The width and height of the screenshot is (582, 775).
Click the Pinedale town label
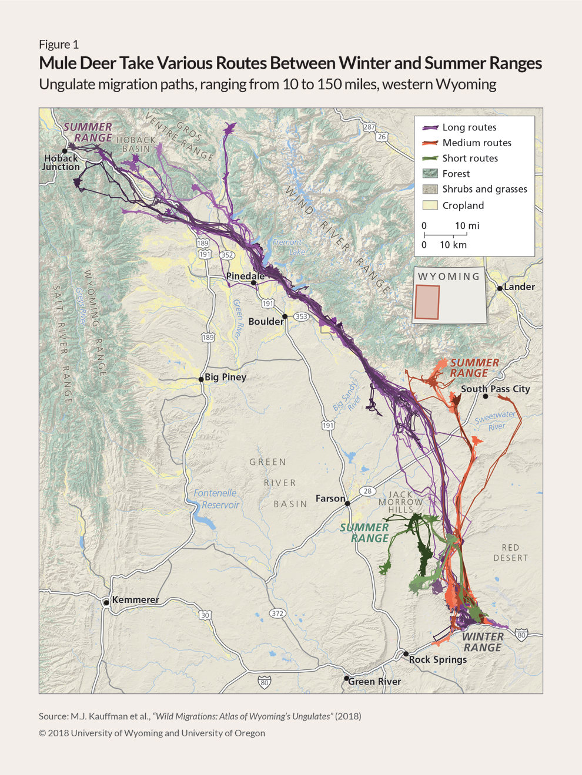pyautogui.click(x=245, y=276)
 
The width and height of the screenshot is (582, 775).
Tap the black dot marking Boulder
pyautogui.click(x=285, y=316)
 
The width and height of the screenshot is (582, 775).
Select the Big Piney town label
pyautogui.click(x=225, y=377)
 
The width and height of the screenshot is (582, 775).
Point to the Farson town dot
pyautogui.click(x=347, y=503)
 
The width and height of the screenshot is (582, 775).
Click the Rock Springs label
pyautogui.click(x=438, y=659)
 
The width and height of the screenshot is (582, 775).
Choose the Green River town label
pyautogui.click(x=374, y=681)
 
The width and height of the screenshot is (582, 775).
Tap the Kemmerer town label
pyautogui.click(x=135, y=599)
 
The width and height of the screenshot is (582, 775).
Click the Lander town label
pyautogui.click(x=519, y=287)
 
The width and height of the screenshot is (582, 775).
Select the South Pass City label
pyautogui.click(x=495, y=389)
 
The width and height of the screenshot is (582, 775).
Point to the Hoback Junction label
pyautogui.click(x=61, y=162)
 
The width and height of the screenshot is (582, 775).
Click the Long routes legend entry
pyautogui.click(x=469, y=127)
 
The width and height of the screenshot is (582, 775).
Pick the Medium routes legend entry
pyautogui.click(x=477, y=143)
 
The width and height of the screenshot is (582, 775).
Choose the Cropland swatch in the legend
pyautogui.click(x=430, y=205)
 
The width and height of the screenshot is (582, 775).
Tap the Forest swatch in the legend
pyautogui.click(x=430, y=174)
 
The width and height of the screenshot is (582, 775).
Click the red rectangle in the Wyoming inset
pyautogui.click(x=427, y=302)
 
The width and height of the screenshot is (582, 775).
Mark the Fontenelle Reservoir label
pyautogui.click(x=216, y=499)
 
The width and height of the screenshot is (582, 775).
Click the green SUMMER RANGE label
pyautogui.click(x=364, y=533)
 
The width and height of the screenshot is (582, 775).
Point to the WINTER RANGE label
pyautogui.click(x=483, y=642)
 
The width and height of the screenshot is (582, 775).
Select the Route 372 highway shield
pyautogui.click(x=277, y=613)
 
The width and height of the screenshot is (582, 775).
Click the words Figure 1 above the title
pyautogui.click(x=59, y=45)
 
